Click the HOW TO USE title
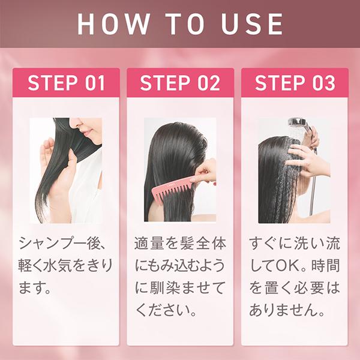point(180,23)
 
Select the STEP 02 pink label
point(180,83)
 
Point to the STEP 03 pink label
point(295,83)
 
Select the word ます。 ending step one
point(34,289)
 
